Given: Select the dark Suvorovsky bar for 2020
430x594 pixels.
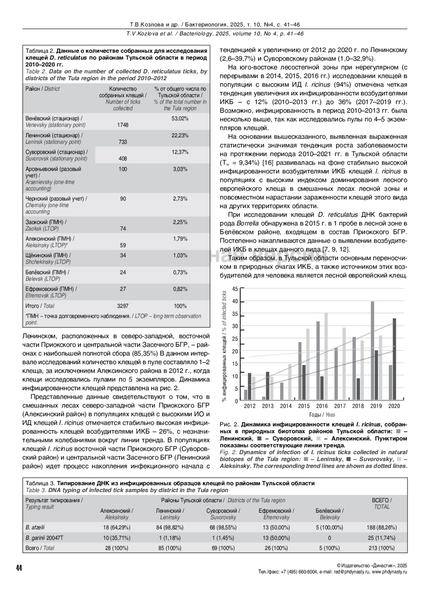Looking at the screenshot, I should click(x=394, y=359).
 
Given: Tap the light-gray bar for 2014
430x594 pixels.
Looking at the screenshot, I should click(x=290, y=382).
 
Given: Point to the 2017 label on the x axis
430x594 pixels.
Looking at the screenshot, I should click(x=340, y=406).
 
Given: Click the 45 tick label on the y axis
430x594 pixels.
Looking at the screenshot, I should click(x=235, y=289).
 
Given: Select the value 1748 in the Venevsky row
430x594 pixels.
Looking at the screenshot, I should click(x=123, y=125).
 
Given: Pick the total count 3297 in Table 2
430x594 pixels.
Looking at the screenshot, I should click(x=123, y=306).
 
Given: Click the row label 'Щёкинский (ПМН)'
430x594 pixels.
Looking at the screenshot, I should click(x=48, y=255).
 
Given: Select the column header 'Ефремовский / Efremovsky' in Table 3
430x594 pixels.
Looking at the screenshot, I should click(x=276, y=514).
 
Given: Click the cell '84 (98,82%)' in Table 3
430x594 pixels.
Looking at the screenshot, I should click(x=170, y=528).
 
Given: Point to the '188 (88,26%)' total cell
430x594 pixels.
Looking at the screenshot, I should click(x=381, y=528).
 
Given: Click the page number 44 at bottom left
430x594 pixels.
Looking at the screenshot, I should click(x=19, y=568).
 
